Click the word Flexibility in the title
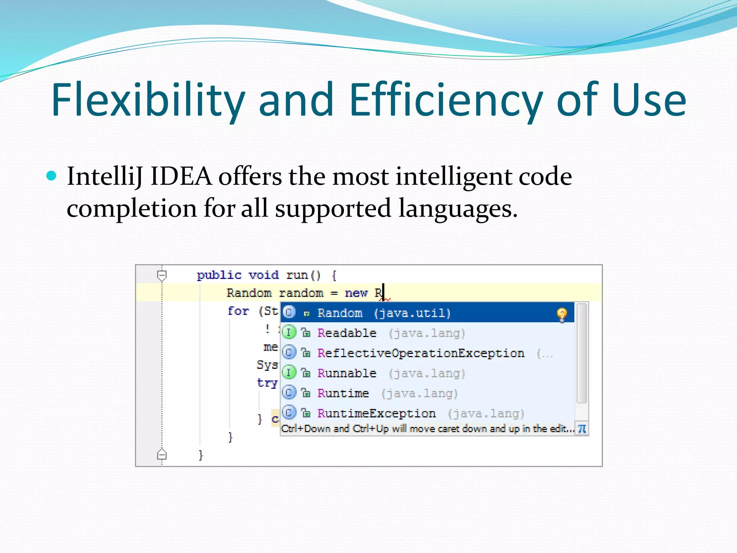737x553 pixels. click(x=148, y=100)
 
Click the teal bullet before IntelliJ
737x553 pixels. click(x=52, y=176)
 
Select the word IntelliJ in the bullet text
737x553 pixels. click(x=104, y=177)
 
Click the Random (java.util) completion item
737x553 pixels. click(x=383, y=313)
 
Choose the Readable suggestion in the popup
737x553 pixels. click(x=347, y=333)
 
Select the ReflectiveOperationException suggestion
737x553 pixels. click(x=420, y=353)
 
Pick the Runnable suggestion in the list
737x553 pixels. click(x=347, y=373)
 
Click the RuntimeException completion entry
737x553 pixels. click(x=376, y=413)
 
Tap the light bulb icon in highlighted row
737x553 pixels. click(x=562, y=315)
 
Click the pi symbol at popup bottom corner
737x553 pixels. click(x=582, y=429)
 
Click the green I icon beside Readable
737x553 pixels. click(x=289, y=332)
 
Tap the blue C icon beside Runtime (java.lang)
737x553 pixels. click(x=289, y=392)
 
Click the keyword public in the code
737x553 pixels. click(x=219, y=275)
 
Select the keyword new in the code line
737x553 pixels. click(x=356, y=293)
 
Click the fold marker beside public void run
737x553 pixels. click(x=162, y=275)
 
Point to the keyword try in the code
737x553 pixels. click(x=267, y=383)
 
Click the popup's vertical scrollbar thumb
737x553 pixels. click(x=582, y=353)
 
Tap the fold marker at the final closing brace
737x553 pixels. click(x=162, y=455)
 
